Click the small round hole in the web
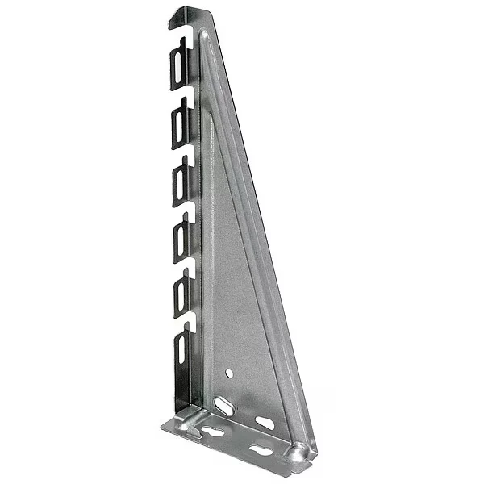tap(230, 374)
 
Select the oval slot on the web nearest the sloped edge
tap(265, 423)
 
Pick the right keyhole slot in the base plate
tap(260, 449)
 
